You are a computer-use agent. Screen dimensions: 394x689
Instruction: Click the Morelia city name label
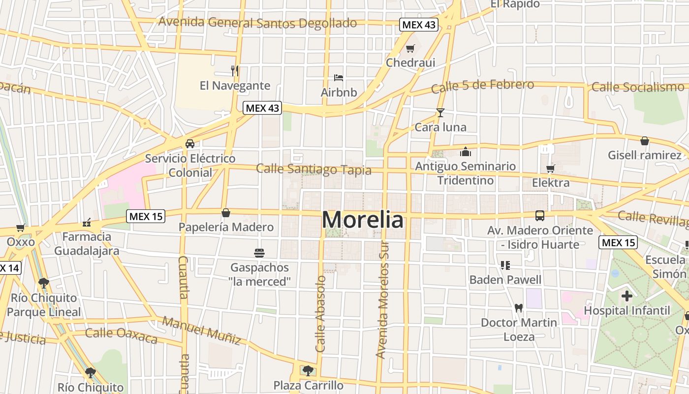(x=363, y=220)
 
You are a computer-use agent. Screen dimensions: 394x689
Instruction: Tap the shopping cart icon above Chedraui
(x=410, y=48)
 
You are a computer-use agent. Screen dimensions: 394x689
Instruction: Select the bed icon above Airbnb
(x=339, y=77)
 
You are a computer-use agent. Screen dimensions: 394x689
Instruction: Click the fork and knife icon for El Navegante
(x=235, y=70)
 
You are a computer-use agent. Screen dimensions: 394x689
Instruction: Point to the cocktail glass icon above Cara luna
(x=440, y=113)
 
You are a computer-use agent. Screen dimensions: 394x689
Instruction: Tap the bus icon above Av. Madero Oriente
(x=540, y=215)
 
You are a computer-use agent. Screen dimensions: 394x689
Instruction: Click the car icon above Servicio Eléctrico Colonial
(x=189, y=144)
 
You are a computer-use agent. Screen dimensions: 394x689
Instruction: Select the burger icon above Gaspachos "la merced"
(x=259, y=253)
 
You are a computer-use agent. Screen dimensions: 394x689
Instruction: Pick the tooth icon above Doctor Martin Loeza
(x=518, y=308)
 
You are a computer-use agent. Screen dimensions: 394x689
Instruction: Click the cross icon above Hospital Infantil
(x=626, y=296)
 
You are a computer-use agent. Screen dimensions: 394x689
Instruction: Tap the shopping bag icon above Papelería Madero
(x=225, y=213)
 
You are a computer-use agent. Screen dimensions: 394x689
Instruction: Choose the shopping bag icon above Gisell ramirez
(x=644, y=141)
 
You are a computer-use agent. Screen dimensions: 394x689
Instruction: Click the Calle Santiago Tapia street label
(x=313, y=169)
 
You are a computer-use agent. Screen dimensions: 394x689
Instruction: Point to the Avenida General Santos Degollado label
(x=257, y=23)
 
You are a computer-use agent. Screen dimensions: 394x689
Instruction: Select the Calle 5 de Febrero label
(x=482, y=86)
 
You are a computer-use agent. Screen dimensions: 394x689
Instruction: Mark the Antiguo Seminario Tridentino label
(x=465, y=173)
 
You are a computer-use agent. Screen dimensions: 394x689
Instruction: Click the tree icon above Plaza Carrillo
(x=308, y=370)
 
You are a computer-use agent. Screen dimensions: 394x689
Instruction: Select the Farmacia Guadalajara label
(x=87, y=243)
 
